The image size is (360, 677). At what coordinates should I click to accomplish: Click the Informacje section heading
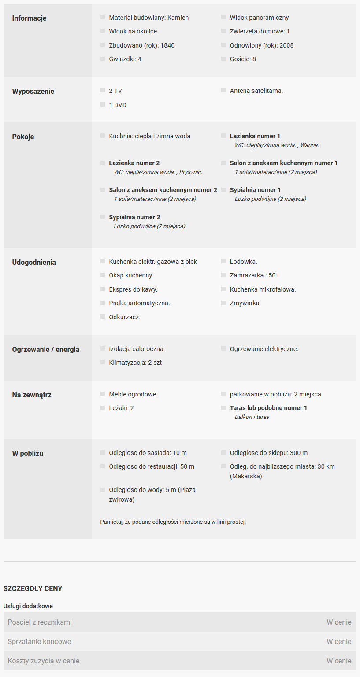pos(29,18)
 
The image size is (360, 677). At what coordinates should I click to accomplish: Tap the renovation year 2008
pos(286,45)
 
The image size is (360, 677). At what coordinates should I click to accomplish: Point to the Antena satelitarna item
pos(256,91)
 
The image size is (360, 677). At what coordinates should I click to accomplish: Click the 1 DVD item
pos(118,105)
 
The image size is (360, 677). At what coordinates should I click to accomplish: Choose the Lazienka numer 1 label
pos(255,136)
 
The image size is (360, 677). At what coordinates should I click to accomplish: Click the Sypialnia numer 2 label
pos(134,217)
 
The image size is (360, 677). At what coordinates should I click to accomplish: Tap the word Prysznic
pos(190,172)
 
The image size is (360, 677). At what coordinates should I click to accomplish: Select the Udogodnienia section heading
pos(34,262)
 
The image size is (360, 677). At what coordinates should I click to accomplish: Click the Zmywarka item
pos(244,303)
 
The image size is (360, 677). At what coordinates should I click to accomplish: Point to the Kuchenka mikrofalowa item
pos(263,289)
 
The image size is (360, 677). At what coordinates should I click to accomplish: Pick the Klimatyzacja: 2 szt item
pos(132,363)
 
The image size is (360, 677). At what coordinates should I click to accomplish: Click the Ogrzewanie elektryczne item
pos(264,349)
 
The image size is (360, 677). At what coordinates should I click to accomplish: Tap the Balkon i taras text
pos(252,417)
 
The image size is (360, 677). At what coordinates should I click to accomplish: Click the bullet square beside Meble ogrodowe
pos(103,394)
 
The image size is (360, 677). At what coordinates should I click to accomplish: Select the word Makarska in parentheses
pos(246,476)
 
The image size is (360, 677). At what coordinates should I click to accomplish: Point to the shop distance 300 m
pos(299,453)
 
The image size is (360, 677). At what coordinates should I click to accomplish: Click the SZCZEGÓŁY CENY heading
pos(33,588)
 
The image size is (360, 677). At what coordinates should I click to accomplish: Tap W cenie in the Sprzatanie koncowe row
pos(339,641)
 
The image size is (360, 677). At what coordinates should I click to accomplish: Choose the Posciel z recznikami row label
pos(40,622)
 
